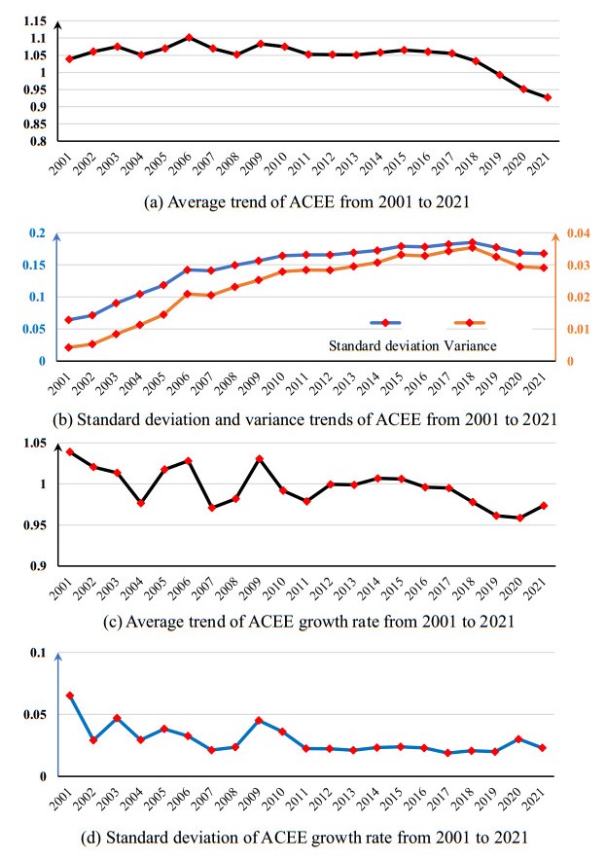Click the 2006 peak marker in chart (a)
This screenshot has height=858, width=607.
(189, 37)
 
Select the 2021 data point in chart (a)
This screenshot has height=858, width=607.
(549, 97)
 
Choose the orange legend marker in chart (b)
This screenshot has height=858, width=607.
(469, 322)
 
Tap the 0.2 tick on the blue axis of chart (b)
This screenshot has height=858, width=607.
(38, 233)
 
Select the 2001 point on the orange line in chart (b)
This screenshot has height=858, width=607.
(68, 347)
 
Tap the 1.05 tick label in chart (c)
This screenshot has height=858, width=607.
(34, 444)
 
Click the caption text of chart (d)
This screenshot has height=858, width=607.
(303, 833)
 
